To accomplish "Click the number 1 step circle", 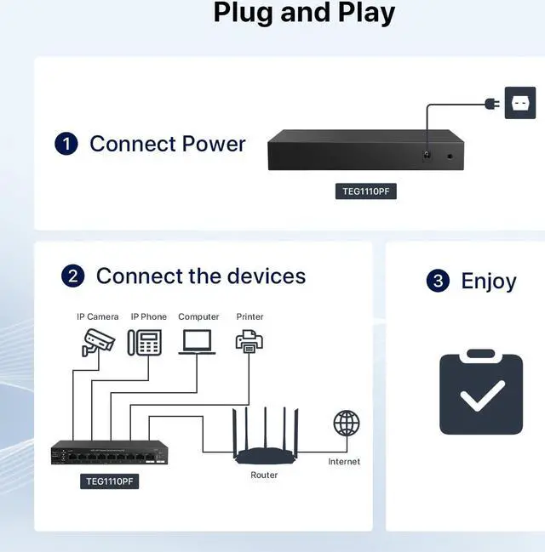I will tap(66, 144).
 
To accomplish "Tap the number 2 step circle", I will tap(73, 276).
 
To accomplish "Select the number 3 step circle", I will tap(438, 281).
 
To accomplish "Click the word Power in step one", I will tap(213, 144).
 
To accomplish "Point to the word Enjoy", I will tap(488, 281).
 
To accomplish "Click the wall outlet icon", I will tap(520, 103).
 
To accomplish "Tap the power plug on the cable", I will tap(490, 104).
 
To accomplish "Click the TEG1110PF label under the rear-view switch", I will tap(365, 191).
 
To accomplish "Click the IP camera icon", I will tap(98, 340).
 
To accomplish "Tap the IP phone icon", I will tap(145, 342).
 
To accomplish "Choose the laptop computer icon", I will tap(198, 341).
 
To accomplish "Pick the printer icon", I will tap(249, 341).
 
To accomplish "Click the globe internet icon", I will tap(346, 423).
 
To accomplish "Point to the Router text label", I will tap(264, 475).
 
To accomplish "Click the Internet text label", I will tap(344, 462).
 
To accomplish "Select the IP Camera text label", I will tap(98, 316).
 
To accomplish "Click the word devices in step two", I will tap(261, 276).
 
